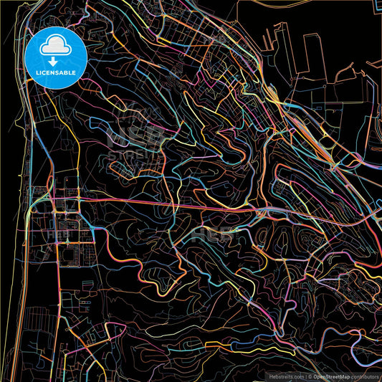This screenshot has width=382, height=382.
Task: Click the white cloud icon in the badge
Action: [54, 48]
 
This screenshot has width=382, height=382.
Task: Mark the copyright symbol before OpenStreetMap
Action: [310, 376]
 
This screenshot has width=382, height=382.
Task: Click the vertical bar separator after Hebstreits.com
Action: [304, 376]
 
